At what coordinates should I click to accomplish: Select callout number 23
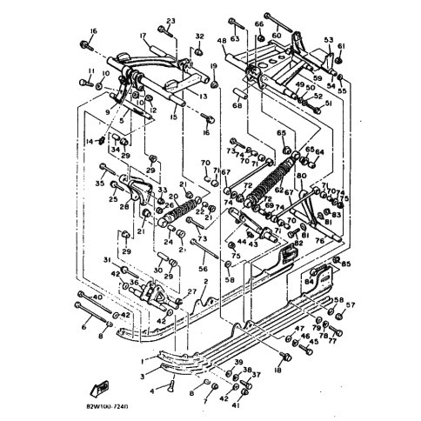pyautogui.click(x=170, y=20)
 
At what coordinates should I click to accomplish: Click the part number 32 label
pyautogui.click(x=199, y=37)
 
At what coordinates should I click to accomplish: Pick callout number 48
pyautogui.click(x=222, y=40)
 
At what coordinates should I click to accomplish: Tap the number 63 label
pyautogui.click(x=235, y=38)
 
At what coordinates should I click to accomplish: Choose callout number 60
pyautogui.click(x=277, y=36)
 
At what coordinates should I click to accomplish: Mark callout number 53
pyautogui.click(x=329, y=40)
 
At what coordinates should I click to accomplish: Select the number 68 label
pyautogui.click(x=237, y=107)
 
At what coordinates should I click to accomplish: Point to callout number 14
pyautogui.click(x=89, y=141)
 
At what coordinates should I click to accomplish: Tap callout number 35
pyautogui.click(x=100, y=184)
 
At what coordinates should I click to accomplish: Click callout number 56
pyautogui.click(x=204, y=270)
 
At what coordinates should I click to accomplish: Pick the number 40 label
pyautogui.click(x=97, y=297)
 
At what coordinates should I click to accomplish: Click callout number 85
pyautogui.click(x=346, y=264)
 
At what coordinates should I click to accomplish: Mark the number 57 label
pyautogui.click(x=351, y=305)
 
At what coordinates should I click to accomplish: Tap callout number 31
pyautogui.click(x=106, y=260)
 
